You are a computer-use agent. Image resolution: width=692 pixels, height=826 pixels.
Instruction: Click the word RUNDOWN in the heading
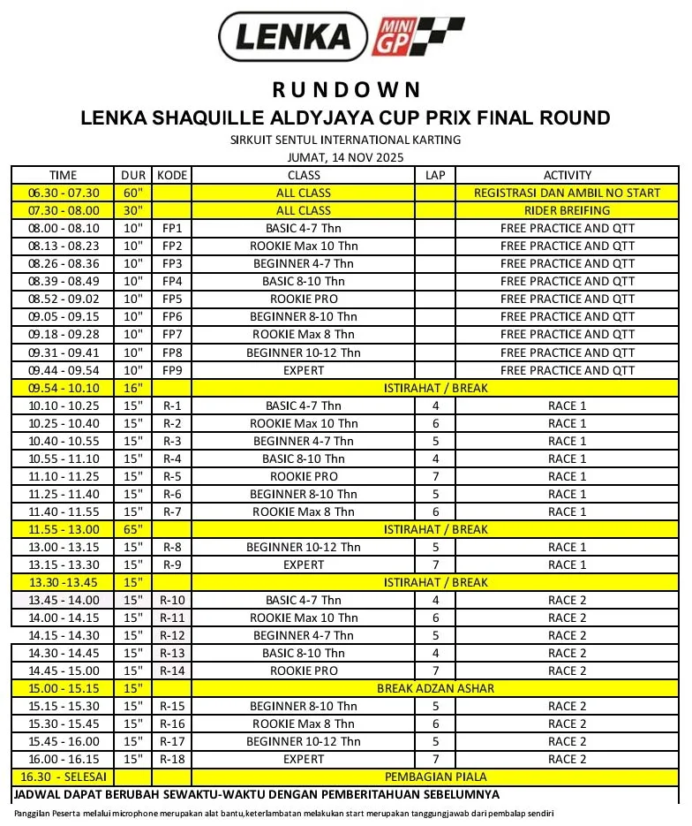[345, 89]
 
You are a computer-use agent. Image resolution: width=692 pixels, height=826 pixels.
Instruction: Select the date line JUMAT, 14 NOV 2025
[345, 157]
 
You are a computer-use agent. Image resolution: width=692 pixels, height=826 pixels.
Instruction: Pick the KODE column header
[171, 175]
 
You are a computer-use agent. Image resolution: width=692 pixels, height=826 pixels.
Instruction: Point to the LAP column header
[435, 175]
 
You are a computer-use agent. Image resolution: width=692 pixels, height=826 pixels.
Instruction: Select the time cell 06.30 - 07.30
[64, 193]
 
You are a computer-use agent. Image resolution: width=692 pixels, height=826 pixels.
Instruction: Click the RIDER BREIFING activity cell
[567, 210]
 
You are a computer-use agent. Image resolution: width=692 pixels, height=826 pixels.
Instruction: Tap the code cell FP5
[171, 299]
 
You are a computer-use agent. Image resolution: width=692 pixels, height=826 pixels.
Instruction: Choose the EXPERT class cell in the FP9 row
[304, 370]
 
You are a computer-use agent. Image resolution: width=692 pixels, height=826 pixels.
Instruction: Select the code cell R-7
[171, 512]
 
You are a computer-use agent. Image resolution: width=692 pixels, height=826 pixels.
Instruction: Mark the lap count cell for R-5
[435, 476]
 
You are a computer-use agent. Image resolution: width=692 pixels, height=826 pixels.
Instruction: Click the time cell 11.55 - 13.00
[64, 529]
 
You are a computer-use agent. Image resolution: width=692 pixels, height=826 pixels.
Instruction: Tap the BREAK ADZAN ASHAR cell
[435, 688]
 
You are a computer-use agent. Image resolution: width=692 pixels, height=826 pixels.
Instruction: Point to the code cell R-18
[171, 759]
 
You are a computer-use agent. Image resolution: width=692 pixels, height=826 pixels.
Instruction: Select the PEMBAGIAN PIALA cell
[435, 777]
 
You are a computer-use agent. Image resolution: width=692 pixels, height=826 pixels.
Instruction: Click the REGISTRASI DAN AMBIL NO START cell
[567, 193]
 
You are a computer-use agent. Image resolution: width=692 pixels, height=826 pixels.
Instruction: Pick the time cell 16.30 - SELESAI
[64, 777]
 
